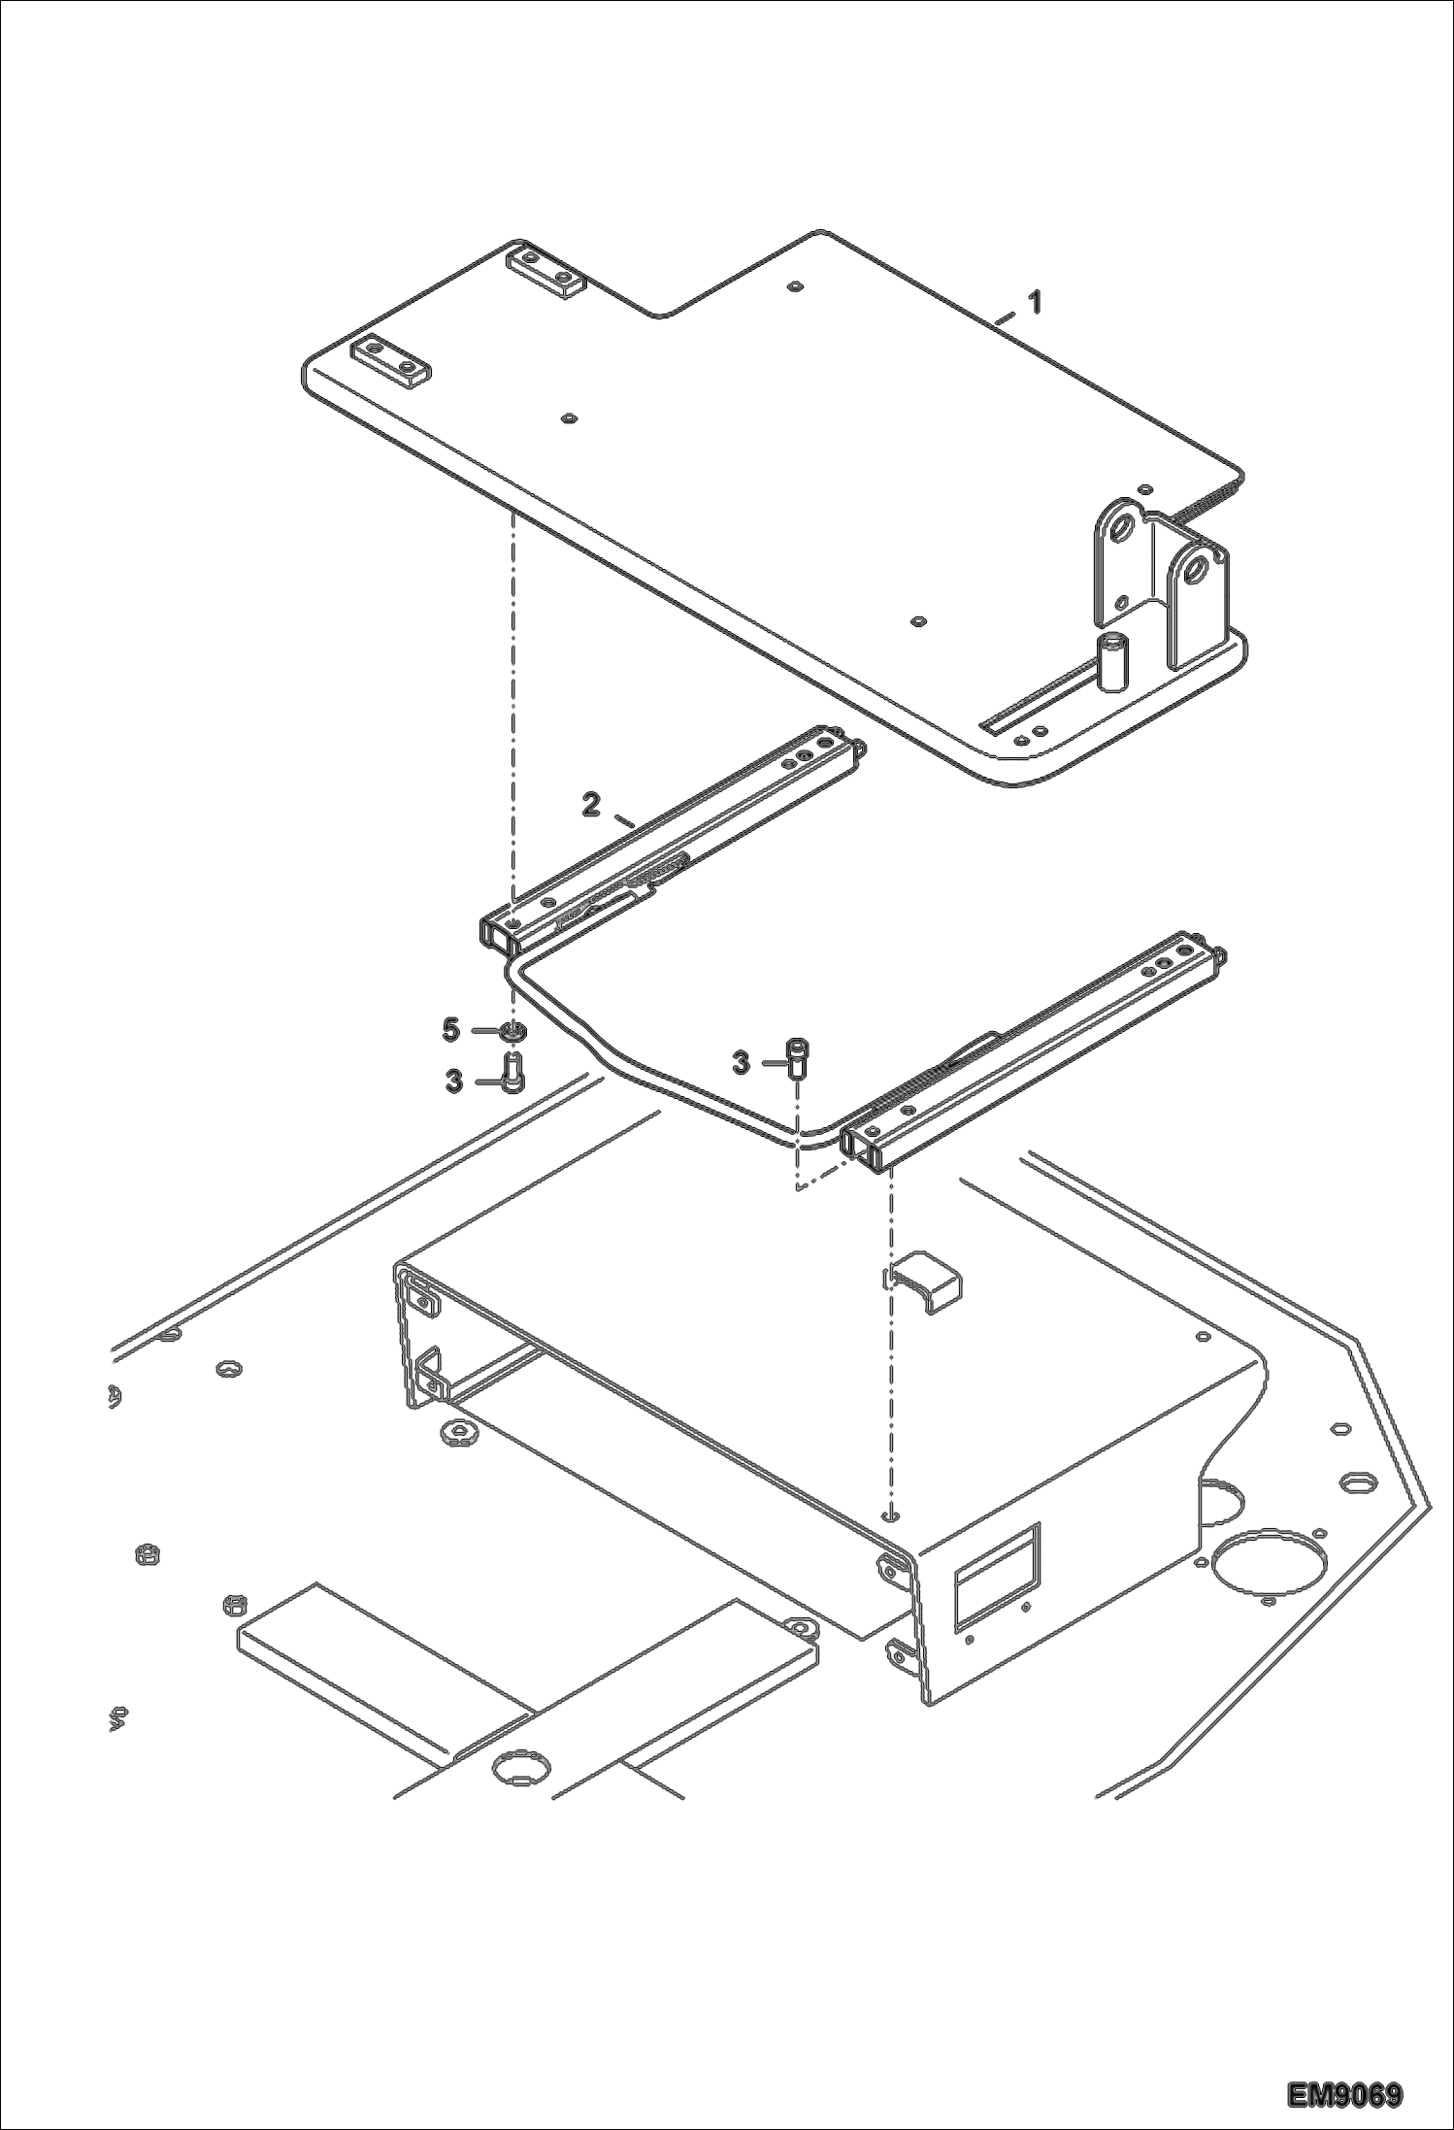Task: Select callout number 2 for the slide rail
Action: coord(591,804)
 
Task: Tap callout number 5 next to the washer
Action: coord(450,1029)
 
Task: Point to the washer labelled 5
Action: coord(514,1030)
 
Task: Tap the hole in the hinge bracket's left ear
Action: coord(1124,530)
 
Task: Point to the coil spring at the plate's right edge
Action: coord(1213,505)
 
